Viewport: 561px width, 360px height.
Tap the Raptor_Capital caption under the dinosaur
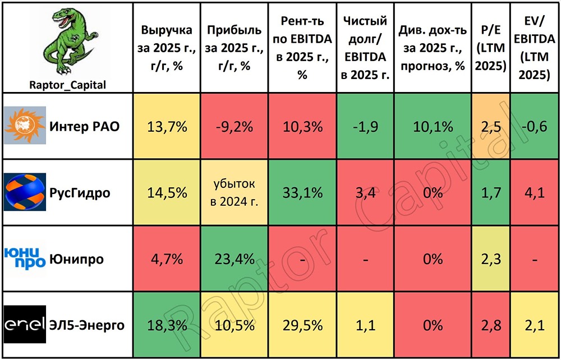click(x=67, y=85)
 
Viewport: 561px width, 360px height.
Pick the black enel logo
click(x=25, y=325)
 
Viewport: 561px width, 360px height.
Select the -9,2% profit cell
click(x=234, y=126)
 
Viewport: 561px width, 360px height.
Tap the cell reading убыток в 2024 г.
click(x=234, y=192)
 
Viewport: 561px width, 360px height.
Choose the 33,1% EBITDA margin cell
click(x=302, y=192)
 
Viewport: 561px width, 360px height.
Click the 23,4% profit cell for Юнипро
click(x=234, y=259)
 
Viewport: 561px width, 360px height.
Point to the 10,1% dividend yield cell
click(x=432, y=126)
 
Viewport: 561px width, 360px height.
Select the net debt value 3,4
click(x=365, y=192)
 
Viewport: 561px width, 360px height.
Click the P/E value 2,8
click(x=490, y=325)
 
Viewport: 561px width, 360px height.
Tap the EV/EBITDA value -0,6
click(x=535, y=126)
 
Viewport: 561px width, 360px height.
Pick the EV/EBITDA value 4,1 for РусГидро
click(x=535, y=192)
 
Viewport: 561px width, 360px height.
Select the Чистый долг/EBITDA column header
click(x=365, y=48)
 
